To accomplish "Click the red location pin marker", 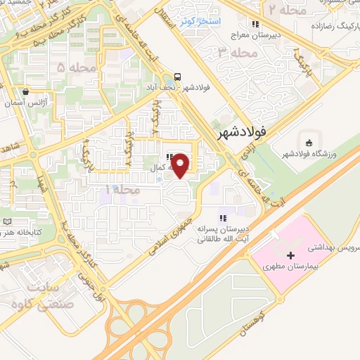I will [181, 165].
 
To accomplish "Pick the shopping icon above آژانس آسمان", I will [26, 91].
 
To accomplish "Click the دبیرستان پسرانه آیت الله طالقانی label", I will [221, 234].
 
